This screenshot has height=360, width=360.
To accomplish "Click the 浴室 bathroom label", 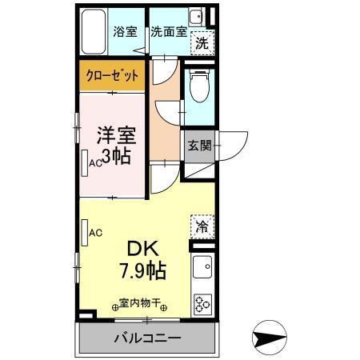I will point(125,32).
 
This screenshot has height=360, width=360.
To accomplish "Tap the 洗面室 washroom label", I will point(169,32).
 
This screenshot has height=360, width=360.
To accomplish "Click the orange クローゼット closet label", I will point(112,78).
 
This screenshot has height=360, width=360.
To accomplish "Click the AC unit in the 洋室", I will point(86,162).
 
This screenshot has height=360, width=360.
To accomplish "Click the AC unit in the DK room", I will point(85,233).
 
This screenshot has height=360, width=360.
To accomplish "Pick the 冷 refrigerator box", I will point(202,226).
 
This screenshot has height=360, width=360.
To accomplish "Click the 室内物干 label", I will point(141,304).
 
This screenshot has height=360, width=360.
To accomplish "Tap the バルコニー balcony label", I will point(146,338).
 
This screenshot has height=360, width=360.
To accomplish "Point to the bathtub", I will point(97,33).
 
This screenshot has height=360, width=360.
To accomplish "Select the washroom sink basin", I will point(196,17).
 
